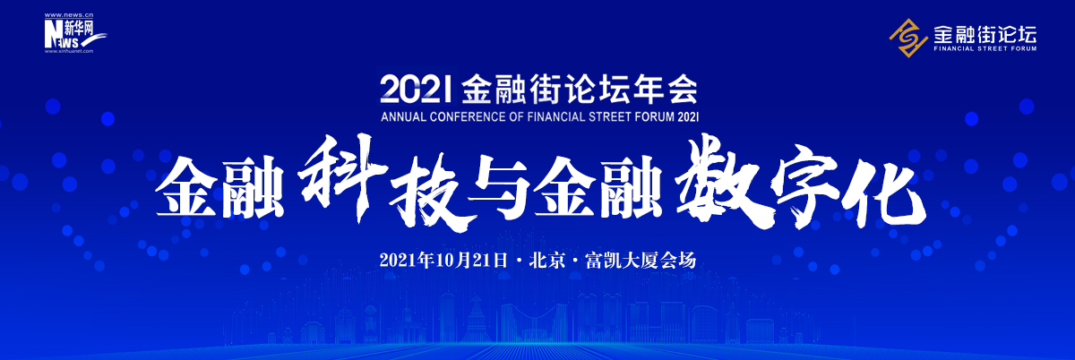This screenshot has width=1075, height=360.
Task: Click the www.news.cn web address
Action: click(69, 16)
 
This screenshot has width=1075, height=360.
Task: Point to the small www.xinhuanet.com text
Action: click(69, 51)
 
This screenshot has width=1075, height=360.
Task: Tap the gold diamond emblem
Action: click(908, 38)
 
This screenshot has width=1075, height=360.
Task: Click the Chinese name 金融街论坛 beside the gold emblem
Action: click(985, 34)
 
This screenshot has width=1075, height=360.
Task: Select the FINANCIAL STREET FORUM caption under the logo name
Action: click(985, 48)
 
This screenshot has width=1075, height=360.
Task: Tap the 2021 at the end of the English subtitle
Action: click(689, 116)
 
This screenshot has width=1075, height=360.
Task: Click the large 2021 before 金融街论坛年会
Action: click(416, 90)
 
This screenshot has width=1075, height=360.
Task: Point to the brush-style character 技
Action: click(429, 192)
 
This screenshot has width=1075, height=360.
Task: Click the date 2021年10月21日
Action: click(443, 261)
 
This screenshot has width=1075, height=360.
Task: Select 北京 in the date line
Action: click(546, 261)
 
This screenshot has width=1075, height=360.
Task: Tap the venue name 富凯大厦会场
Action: click(641, 261)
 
